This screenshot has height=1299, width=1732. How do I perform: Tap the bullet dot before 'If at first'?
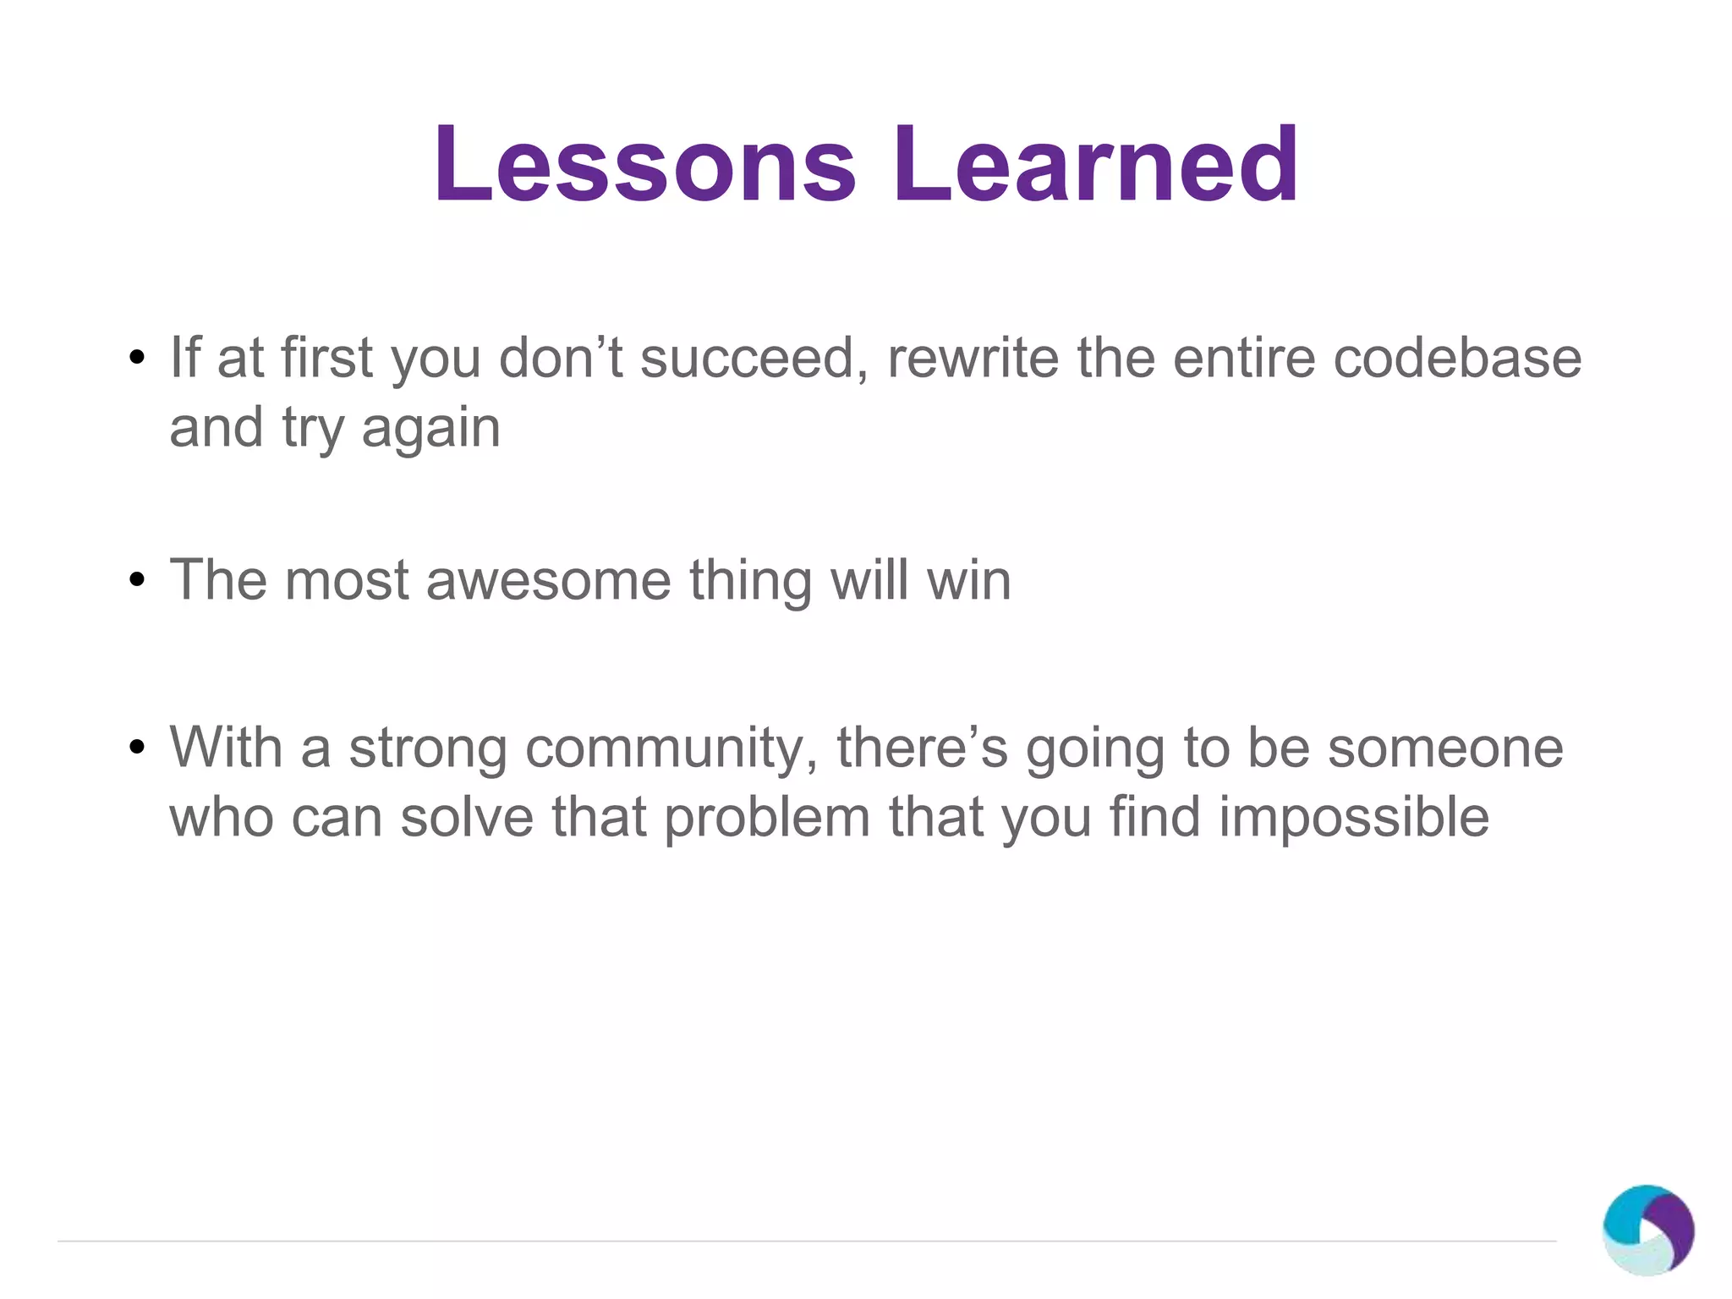pos(137,358)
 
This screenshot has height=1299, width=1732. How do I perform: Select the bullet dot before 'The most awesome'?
pos(137,581)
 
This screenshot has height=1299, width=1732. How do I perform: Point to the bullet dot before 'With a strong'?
pos(137,748)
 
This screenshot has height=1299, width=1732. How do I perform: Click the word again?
pos(430,429)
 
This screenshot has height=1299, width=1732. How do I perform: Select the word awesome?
pos(548,581)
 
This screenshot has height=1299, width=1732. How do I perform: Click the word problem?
pos(766,819)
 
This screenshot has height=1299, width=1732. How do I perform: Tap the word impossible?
pos(1353,819)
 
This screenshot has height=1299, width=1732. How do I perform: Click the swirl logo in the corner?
pos(1647,1230)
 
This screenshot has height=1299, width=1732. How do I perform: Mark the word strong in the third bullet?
pos(427,749)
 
